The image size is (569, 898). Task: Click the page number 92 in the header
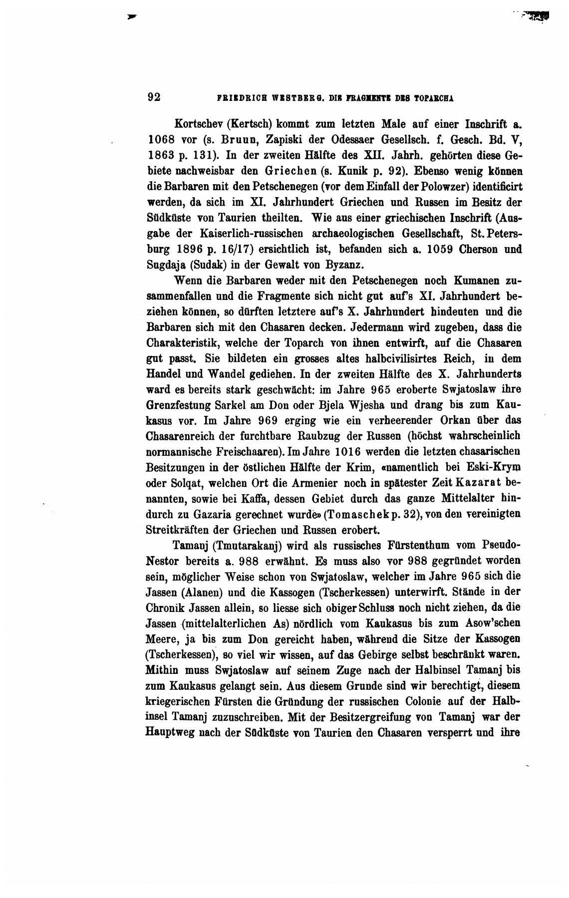154,97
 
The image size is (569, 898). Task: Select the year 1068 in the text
160,139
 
